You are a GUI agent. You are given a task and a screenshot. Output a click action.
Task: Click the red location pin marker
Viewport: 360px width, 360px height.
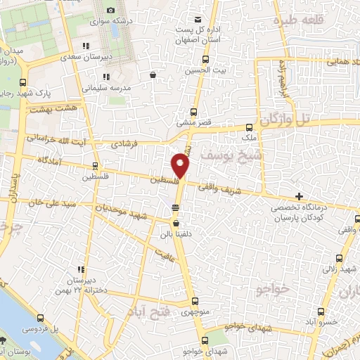click(181, 166)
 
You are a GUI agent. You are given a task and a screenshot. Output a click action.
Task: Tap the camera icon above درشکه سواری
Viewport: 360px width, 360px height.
click(110, 10)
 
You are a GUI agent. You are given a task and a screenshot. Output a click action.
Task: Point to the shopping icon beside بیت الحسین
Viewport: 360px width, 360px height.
click(154, 74)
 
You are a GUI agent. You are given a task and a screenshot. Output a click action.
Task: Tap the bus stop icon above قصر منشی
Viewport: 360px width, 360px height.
click(195, 112)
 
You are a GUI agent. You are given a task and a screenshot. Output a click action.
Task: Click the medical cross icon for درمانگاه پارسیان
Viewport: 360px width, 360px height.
click(300, 196)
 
